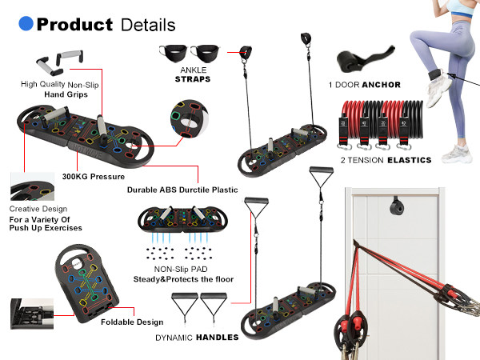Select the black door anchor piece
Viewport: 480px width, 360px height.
coord(359,63)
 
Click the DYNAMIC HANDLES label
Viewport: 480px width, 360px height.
coord(197,337)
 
